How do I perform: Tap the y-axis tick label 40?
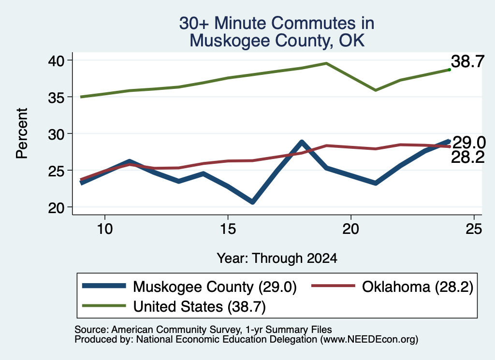pos(56,60)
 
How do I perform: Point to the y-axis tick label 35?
pos(56,98)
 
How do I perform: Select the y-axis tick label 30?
pos(56,134)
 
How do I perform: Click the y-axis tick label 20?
pos(56,208)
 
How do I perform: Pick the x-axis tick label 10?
pos(105,229)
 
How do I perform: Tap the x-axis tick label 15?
pos(228,229)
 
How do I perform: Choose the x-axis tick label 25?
pos(474,229)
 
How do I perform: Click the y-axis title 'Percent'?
pos(22,133)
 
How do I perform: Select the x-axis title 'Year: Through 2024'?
pos(277,258)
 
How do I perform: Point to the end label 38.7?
pos(467,61)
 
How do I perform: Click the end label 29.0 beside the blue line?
pos(469,143)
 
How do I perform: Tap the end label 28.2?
pos(467,157)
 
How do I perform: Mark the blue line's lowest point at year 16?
pos(252,202)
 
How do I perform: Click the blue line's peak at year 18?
pos(302,142)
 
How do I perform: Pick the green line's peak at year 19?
pos(326,63)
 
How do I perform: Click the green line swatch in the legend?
pos(104,306)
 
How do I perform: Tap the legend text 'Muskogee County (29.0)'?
pos(215,287)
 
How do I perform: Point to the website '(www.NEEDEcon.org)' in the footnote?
pos(369,339)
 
